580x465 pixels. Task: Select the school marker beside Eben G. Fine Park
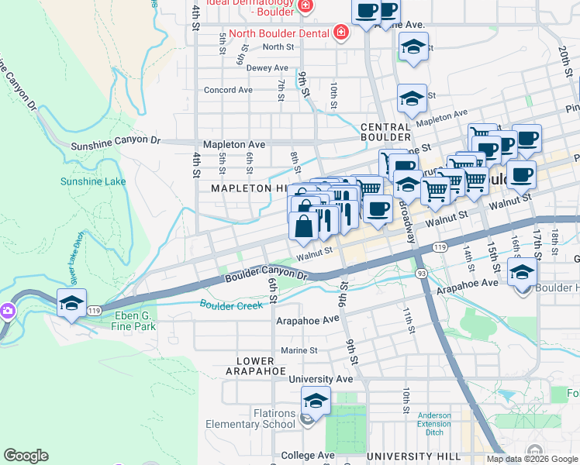[71, 303]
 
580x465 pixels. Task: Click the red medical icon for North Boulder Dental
[340, 32]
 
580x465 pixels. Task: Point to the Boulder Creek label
[231, 305]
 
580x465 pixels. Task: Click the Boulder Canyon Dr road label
[266, 275]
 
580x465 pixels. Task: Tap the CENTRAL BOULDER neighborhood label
[385, 133]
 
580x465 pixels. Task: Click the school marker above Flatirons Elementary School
[316, 401]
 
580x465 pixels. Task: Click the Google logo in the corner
[26, 456]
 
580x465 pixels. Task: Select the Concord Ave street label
[228, 90]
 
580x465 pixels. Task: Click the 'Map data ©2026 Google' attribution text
[532, 459]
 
